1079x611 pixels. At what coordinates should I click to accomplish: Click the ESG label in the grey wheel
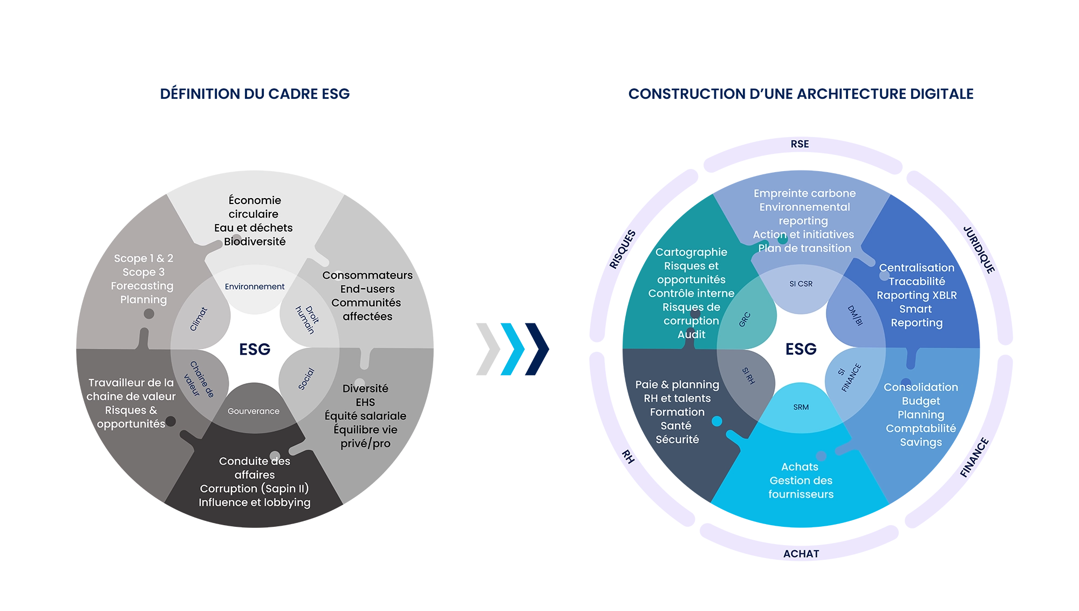click(x=255, y=349)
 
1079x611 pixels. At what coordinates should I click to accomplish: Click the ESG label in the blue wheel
click(x=801, y=349)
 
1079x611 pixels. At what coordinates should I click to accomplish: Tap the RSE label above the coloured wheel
click(x=800, y=144)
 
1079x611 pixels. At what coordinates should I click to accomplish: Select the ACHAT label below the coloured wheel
click(x=801, y=554)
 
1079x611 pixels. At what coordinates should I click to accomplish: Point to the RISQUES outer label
click(x=623, y=249)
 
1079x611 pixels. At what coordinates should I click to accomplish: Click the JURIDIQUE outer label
click(x=979, y=250)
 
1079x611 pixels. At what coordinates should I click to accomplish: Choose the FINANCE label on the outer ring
click(x=974, y=458)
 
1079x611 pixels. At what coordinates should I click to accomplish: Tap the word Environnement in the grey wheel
click(x=255, y=287)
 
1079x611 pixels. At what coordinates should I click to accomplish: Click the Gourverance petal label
click(x=254, y=411)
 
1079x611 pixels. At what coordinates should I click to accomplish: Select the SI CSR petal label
click(x=801, y=284)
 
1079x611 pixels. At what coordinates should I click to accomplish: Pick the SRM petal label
click(x=801, y=407)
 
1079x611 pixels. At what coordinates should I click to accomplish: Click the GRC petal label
click(x=745, y=320)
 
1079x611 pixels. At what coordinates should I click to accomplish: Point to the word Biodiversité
click(x=255, y=242)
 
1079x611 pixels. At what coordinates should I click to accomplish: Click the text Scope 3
click(x=144, y=272)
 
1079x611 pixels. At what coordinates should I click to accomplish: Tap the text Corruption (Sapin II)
click(x=255, y=488)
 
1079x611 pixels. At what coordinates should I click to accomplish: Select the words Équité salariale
click(x=365, y=416)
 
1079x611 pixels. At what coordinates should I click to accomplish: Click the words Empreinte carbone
click(x=804, y=193)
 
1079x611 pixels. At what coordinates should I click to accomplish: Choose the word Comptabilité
click(x=920, y=429)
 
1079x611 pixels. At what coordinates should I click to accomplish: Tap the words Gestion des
click(x=801, y=480)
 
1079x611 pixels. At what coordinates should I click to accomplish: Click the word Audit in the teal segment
click(x=691, y=335)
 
